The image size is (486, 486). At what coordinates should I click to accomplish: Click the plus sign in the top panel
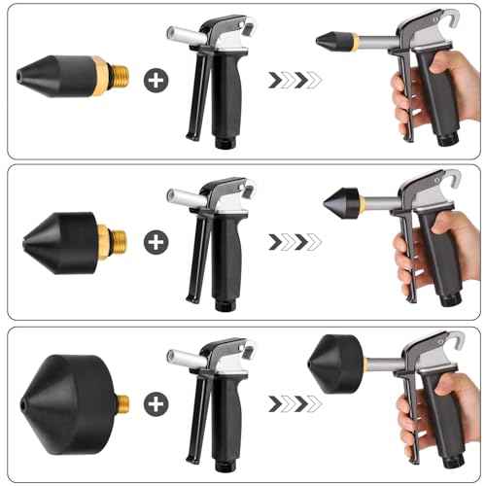tap(155, 80)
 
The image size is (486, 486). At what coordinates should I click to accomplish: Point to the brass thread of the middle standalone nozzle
tap(116, 238)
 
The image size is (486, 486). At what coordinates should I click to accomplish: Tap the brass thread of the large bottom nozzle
tap(121, 401)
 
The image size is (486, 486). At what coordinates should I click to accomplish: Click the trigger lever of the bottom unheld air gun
tap(200, 418)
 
